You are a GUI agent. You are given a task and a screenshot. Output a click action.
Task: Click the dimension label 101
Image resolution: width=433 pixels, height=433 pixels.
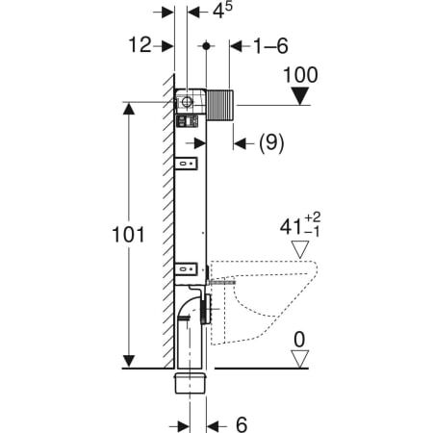(128, 234)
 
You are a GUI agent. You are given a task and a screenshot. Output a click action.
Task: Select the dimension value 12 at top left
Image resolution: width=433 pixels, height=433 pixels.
(140, 45)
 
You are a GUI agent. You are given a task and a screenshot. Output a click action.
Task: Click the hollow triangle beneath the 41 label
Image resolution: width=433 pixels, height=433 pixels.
(304, 250)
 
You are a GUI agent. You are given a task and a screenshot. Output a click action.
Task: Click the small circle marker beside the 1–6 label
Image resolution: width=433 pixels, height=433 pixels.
(207, 45)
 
